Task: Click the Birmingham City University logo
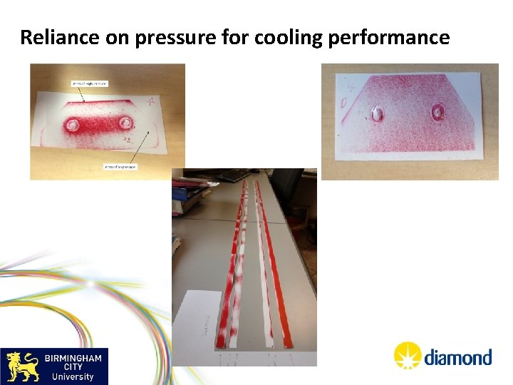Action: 54,366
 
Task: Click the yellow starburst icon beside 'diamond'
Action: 408,355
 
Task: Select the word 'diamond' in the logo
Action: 457,356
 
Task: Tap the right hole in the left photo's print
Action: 128,123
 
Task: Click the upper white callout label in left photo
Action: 89,83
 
